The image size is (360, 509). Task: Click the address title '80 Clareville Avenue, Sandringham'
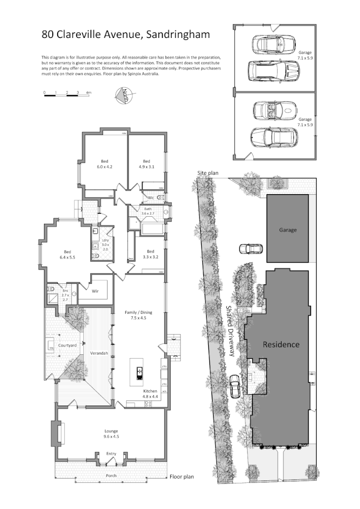126,34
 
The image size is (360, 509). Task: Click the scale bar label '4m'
89,92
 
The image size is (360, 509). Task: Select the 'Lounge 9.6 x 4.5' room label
111,434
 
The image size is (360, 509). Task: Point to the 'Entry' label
111,454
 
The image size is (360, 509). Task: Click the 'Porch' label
111,476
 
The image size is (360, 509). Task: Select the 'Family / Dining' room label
131,315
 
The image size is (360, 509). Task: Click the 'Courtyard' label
67,346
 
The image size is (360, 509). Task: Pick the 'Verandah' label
98,353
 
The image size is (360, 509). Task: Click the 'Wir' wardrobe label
96,291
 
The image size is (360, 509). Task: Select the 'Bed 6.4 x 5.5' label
67,254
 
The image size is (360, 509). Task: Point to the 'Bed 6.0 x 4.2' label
105,164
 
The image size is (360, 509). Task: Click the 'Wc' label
151,198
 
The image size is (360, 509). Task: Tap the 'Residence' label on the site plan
281,344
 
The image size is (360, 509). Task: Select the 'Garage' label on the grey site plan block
288,230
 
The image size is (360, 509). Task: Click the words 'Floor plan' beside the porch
181,476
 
